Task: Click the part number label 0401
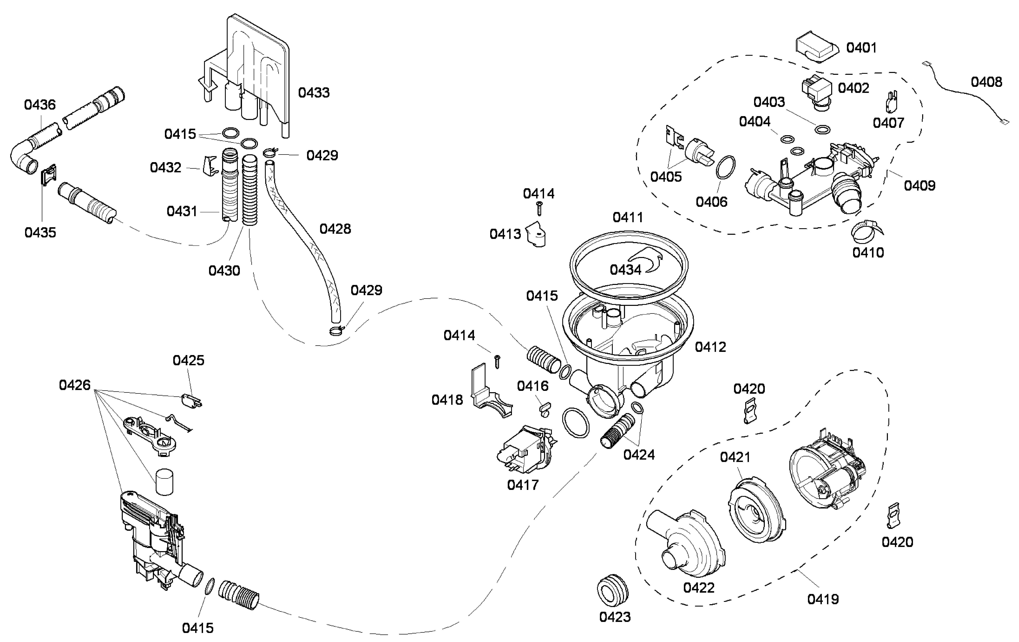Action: pos(861,48)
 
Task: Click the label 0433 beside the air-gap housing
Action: pos(314,92)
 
